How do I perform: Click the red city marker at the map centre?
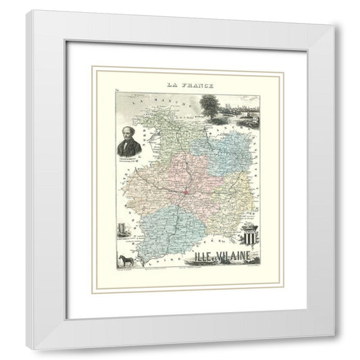pyautogui.click(x=184, y=195)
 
